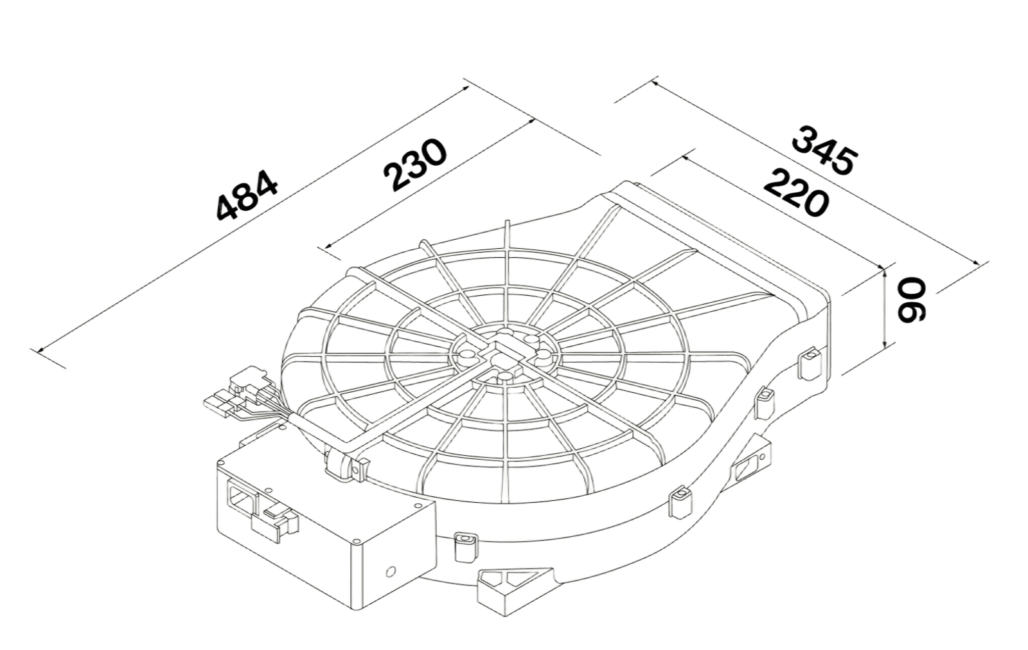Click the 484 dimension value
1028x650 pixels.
pyautogui.click(x=247, y=195)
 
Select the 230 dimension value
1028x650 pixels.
pyautogui.click(x=415, y=164)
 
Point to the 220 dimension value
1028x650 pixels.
pyautogui.click(x=796, y=192)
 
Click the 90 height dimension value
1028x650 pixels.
pyautogui.click(x=912, y=299)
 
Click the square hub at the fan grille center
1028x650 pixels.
pyautogui.click(x=505, y=357)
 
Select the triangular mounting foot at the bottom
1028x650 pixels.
pyautogui.click(x=517, y=590)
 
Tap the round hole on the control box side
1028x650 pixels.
pyautogui.click(x=391, y=572)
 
